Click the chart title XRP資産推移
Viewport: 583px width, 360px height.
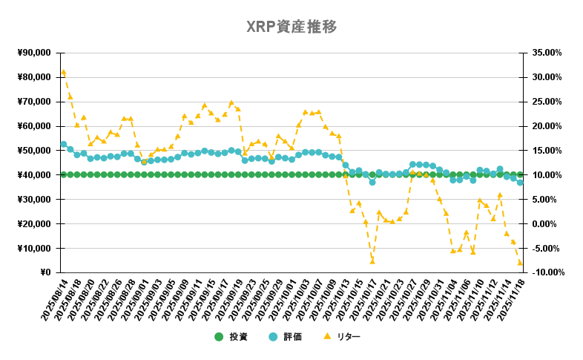click(x=291, y=27)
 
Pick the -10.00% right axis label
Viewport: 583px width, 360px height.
click(x=547, y=272)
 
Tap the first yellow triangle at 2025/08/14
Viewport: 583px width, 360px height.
click(x=64, y=72)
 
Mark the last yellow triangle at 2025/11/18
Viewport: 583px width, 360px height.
click(x=520, y=263)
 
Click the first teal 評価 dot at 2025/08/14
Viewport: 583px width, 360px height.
click(x=64, y=144)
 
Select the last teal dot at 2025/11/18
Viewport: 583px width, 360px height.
click(x=520, y=183)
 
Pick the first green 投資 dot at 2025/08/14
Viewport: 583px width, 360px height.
click(x=64, y=174)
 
